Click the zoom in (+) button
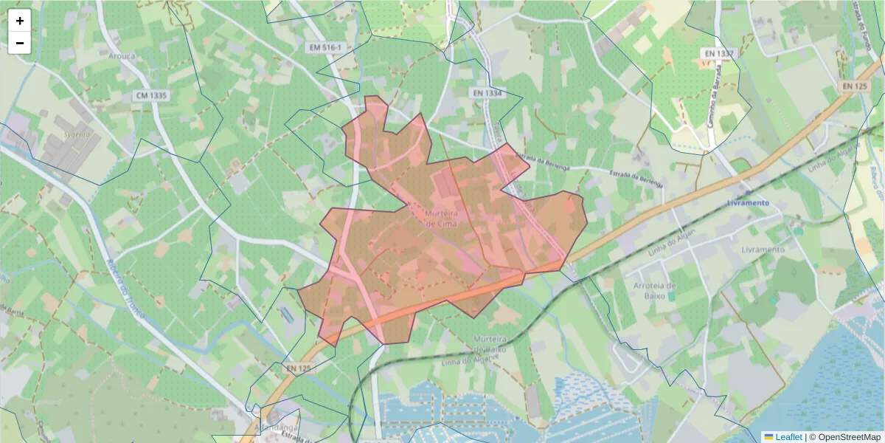pos(20,21)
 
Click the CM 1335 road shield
pos(152,96)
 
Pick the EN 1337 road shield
pos(718,54)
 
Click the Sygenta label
pos(76,135)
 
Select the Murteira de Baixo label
pos(487,343)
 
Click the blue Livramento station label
pos(748,203)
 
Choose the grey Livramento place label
pos(763,250)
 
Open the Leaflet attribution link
pos(788,437)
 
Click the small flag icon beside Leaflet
pos(768,437)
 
